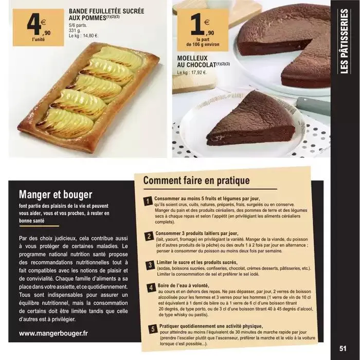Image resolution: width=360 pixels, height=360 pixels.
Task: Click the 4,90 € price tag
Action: pos(39,28)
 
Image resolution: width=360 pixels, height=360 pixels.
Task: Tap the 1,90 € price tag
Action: pos(203,30)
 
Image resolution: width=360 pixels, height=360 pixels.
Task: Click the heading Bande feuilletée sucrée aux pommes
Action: pos(106,14)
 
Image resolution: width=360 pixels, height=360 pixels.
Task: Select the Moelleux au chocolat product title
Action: pos(203,61)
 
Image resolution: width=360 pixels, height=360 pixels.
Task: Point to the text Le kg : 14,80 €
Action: pos(83,36)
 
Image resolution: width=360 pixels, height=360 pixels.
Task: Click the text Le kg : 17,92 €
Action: pos(192,73)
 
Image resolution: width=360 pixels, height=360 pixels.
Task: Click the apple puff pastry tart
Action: pos(88,97)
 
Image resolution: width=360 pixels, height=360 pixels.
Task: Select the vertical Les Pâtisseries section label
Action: pos(345,41)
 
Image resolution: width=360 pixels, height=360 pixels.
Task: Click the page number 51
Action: pos(343,349)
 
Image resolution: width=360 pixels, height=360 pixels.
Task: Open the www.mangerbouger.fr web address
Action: pos(53,333)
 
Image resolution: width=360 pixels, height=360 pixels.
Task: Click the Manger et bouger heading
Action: pos(56,194)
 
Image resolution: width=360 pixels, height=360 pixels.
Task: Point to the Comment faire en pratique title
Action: pos(196,180)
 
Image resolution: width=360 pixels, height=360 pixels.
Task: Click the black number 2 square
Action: pos(149,236)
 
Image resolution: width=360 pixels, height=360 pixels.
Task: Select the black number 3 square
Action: pos(150,265)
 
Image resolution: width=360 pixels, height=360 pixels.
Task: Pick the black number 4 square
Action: pos(151,288)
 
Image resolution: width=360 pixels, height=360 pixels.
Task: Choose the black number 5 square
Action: pos(153,329)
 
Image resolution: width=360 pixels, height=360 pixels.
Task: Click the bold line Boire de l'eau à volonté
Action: pos(184,285)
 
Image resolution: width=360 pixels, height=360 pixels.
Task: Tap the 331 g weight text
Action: pos(75,30)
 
